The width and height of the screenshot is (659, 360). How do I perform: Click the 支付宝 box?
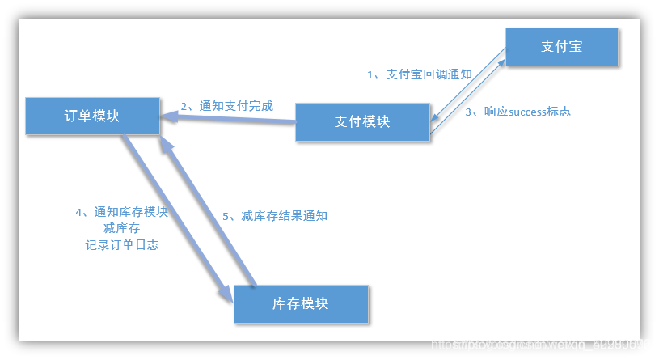562,47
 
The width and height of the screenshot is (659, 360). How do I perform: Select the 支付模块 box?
362,121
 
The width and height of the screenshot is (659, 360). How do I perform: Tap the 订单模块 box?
92,116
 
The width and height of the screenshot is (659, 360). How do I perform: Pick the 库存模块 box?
301,304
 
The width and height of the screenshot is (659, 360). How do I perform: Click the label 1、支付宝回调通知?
419,74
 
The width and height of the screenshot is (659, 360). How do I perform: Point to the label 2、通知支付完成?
226,105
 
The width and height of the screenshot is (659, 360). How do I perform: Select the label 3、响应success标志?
517,112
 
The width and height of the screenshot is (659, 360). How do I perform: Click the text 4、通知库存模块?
121,212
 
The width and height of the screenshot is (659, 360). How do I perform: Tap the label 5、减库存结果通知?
274,216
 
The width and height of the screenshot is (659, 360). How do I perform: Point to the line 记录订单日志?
121,244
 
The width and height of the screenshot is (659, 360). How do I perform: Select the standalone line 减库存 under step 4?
121,228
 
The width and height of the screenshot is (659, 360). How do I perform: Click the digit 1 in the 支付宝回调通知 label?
370,74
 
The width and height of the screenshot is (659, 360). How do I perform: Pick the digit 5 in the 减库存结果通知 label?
226,216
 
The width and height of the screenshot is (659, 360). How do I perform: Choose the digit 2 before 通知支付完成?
184,105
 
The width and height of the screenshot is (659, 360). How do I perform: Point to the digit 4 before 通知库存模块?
79,212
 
